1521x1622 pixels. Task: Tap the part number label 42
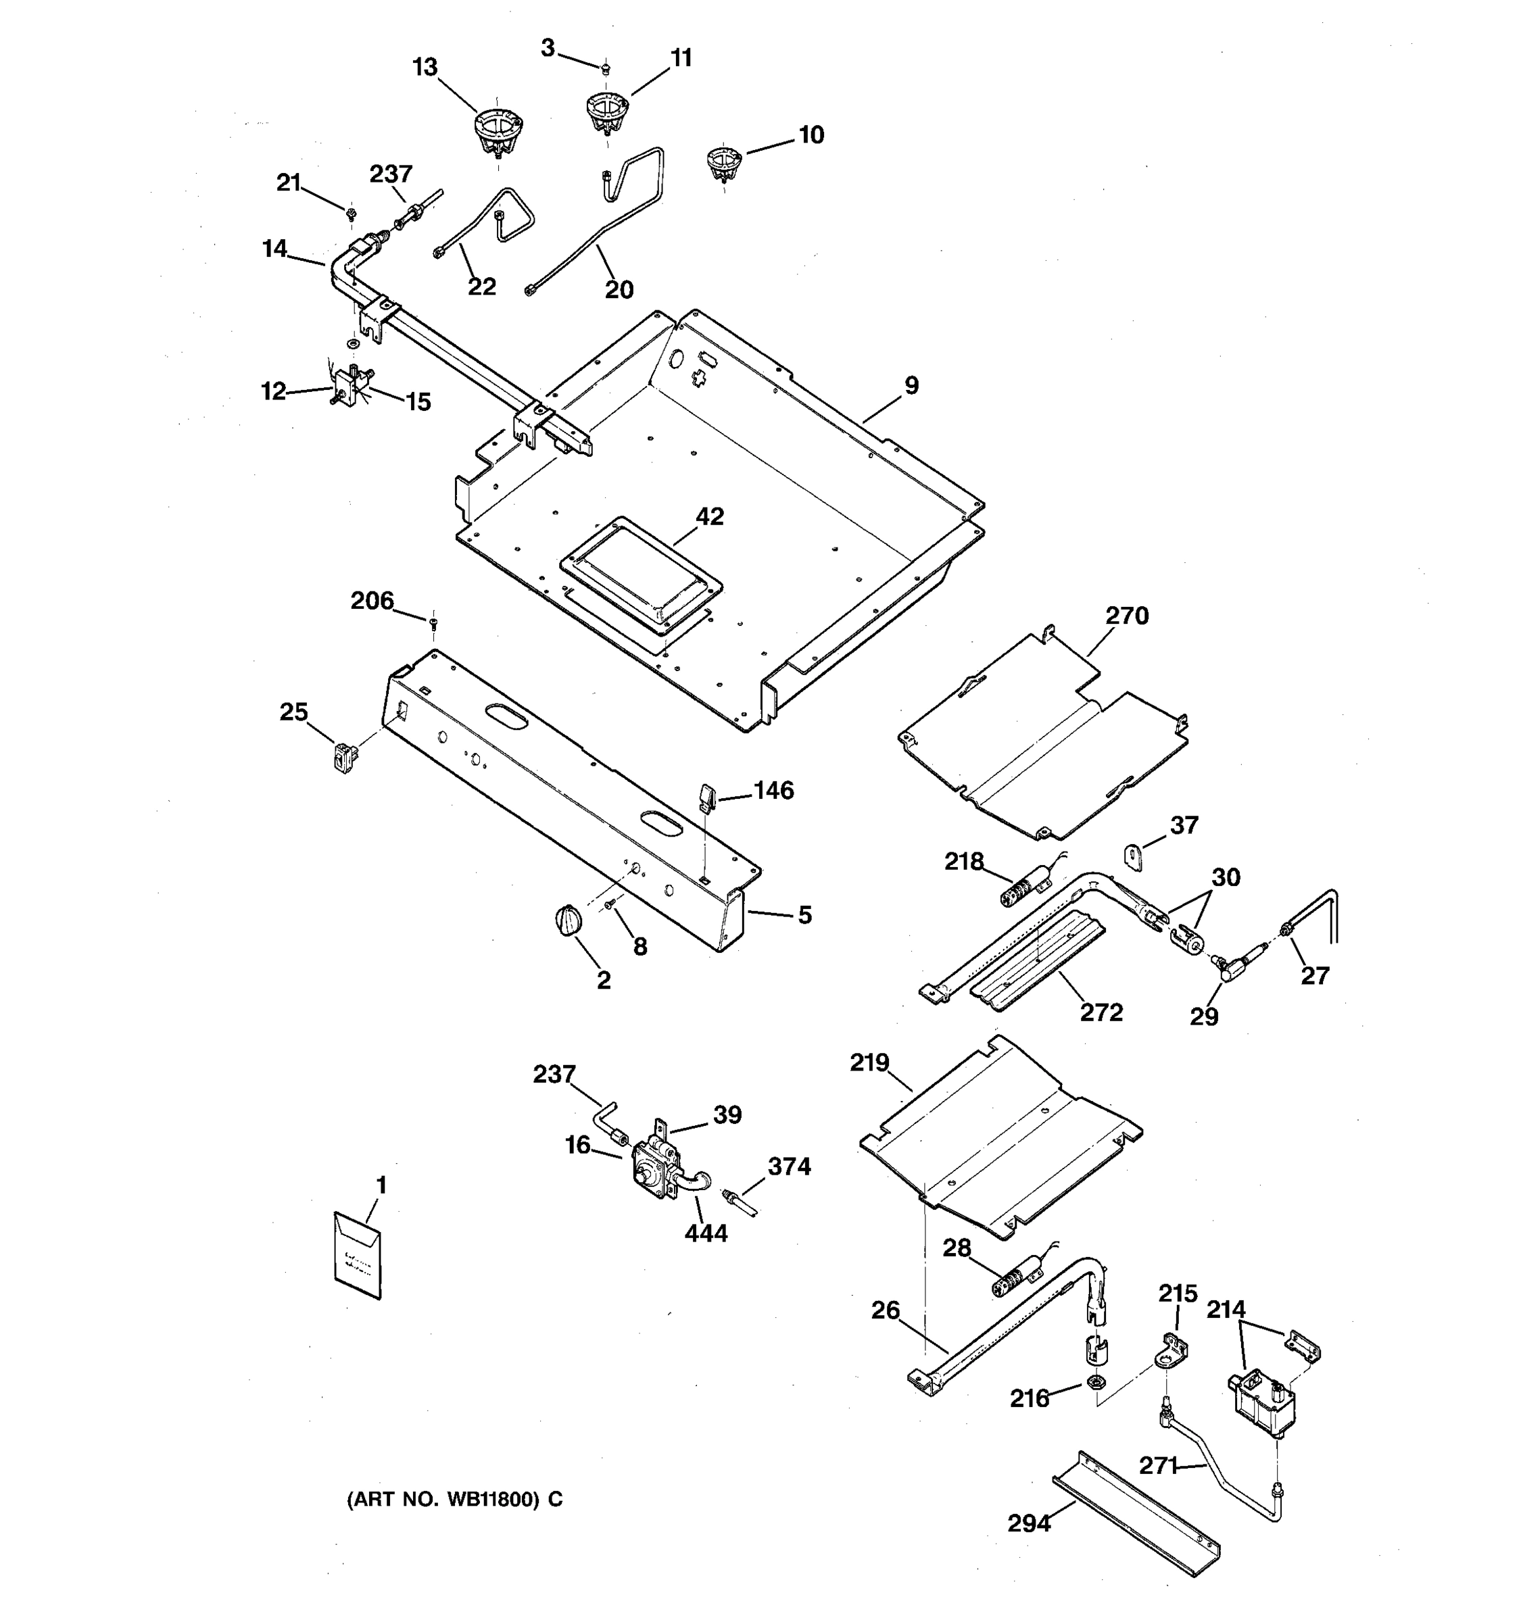pos(710,517)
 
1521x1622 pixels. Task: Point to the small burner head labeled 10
pos(721,163)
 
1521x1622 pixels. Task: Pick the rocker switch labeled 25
pos(345,756)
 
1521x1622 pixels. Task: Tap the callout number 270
pos(1127,616)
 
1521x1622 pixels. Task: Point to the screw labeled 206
pos(433,624)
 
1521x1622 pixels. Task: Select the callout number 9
pos(911,386)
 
